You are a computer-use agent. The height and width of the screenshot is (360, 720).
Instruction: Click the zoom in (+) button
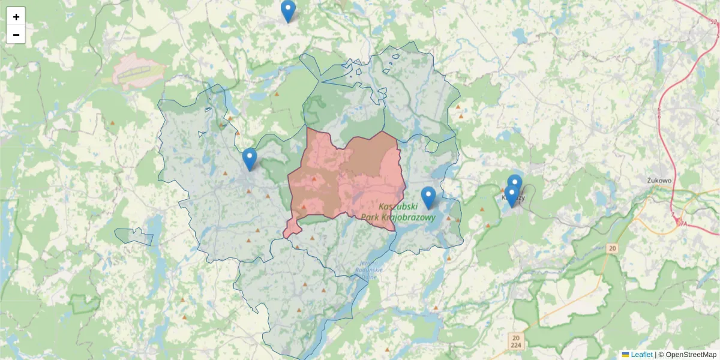pyautogui.click(x=16, y=17)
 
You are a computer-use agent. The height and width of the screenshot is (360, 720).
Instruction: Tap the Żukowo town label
pyautogui.click(x=659, y=179)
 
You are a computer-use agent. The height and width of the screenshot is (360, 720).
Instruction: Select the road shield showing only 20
pyautogui.click(x=611, y=248)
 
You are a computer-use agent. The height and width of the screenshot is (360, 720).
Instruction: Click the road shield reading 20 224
pyautogui.click(x=517, y=341)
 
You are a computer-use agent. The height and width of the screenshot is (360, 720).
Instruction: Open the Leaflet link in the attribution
pyautogui.click(x=641, y=355)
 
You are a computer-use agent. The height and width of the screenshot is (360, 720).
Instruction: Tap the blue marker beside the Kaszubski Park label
pyautogui.click(x=428, y=197)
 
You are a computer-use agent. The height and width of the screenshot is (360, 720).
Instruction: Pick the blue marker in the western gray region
pyautogui.click(x=250, y=159)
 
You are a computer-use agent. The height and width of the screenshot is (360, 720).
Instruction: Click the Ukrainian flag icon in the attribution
pyautogui.click(x=625, y=355)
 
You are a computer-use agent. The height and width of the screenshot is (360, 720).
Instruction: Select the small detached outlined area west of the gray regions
pyautogui.click(x=134, y=236)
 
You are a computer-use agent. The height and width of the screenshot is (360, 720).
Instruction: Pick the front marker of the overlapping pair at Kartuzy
pyautogui.click(x=511, y=195)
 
